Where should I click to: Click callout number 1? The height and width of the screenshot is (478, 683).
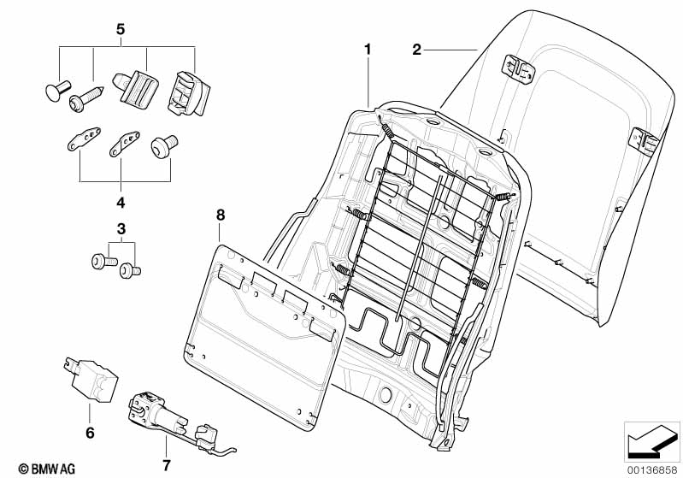[x=368, y=50]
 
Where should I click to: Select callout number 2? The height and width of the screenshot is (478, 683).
[x=417, y=50]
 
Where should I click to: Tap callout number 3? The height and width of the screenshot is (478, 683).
[x=121, y=229]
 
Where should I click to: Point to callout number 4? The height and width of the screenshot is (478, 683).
[x=121, y=203]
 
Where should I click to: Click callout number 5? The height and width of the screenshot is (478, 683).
[x=121, y=30]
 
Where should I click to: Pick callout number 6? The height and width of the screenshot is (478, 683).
[x=90, y=433]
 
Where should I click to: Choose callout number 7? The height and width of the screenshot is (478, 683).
[x=167, y=465]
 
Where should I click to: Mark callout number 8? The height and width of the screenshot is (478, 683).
[x=221, y=215]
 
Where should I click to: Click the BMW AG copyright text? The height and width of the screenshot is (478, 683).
[x=47, y=469]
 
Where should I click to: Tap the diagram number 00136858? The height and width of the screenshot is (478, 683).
[x=652, y=469]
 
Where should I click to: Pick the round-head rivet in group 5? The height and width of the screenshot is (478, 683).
[x=57, y=90]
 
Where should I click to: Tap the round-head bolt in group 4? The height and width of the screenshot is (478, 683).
[x=164, y=146]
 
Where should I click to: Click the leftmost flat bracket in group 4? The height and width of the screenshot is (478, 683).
[x=84, y=139]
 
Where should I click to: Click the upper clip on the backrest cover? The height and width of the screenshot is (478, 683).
[x=519, y=69]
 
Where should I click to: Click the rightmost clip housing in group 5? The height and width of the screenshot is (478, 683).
[x=188, y=94]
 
